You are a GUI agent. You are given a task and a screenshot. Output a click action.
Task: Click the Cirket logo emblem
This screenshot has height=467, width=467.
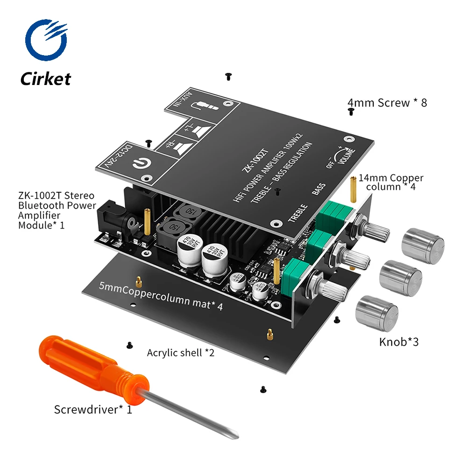tap(45, 41)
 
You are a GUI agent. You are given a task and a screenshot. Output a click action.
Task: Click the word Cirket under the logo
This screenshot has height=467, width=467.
tap(45, 78)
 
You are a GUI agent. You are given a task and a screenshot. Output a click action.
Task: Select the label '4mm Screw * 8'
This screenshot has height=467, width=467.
tap(387, 102)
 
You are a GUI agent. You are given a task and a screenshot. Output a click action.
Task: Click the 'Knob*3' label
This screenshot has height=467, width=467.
tap(398, 342)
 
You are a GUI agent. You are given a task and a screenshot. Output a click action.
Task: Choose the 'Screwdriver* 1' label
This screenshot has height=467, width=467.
tap(93, 410)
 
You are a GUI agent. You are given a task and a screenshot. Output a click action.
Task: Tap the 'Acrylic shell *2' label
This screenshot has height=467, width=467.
tap(180, 353)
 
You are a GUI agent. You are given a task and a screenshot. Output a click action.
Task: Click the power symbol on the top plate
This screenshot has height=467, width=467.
tap(139, 164)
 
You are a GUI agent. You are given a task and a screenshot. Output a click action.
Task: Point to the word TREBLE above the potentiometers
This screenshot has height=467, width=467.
tap(297, 213)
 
